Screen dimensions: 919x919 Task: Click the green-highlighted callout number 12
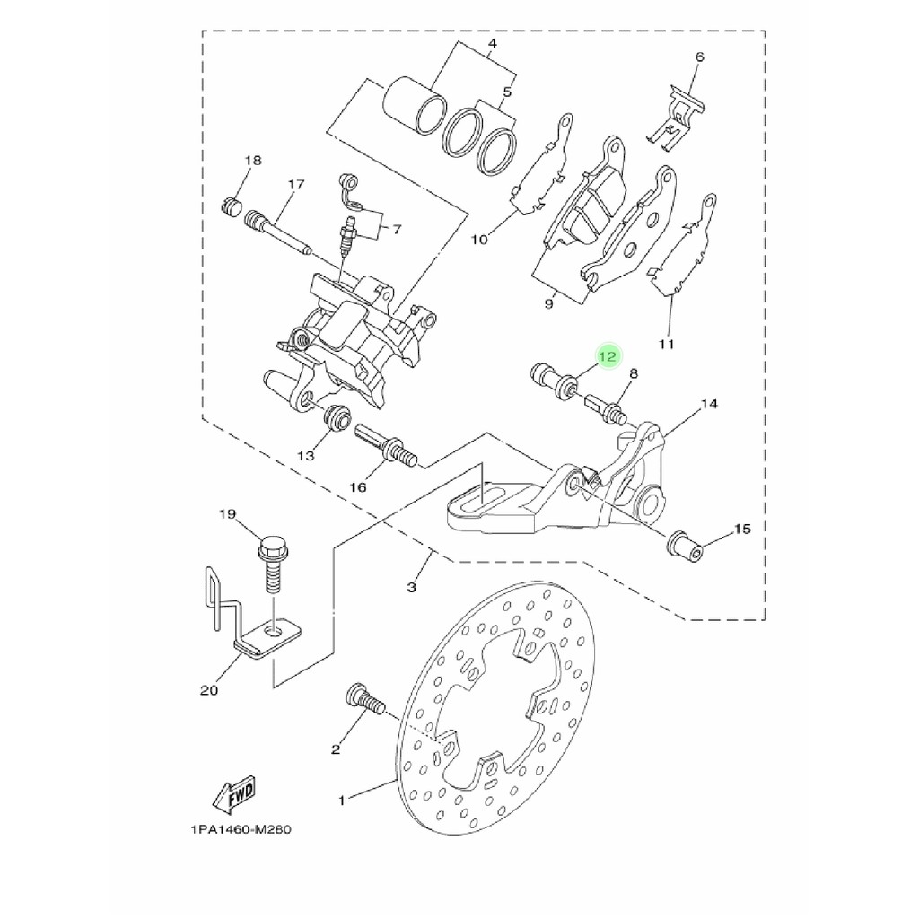(x=608, y=356)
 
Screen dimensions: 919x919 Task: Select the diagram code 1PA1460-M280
(x=241, y=829)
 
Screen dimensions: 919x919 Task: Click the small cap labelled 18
(x=233, y=206)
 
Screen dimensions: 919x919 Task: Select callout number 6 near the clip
(x=699, y=57)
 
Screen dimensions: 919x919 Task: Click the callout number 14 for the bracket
(x=709, y=404)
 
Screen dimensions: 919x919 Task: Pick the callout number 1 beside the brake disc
(x=342, y=800)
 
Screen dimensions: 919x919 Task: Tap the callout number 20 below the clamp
(x=209, y=690)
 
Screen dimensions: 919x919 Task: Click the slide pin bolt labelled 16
(x=385, y=446)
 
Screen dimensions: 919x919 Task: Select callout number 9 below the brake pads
(x=548, y=304)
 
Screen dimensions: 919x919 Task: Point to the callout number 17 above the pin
(x=296, y=185)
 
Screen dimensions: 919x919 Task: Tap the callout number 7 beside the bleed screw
(x=397, y=229)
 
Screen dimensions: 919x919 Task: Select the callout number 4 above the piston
(x=493, y=43)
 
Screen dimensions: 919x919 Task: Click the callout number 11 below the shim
(x=667, y=344)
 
